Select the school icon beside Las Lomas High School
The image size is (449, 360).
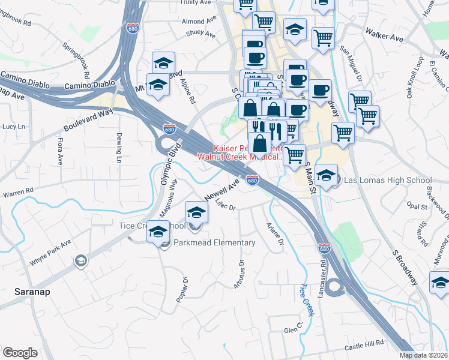326,175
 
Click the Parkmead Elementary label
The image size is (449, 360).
214,243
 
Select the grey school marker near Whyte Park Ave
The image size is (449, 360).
80,261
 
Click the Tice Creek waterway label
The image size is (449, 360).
307,301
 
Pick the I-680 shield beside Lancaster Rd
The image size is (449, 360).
324,248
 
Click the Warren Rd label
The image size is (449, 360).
19,194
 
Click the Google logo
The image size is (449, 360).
20,353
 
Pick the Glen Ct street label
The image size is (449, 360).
291,330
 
